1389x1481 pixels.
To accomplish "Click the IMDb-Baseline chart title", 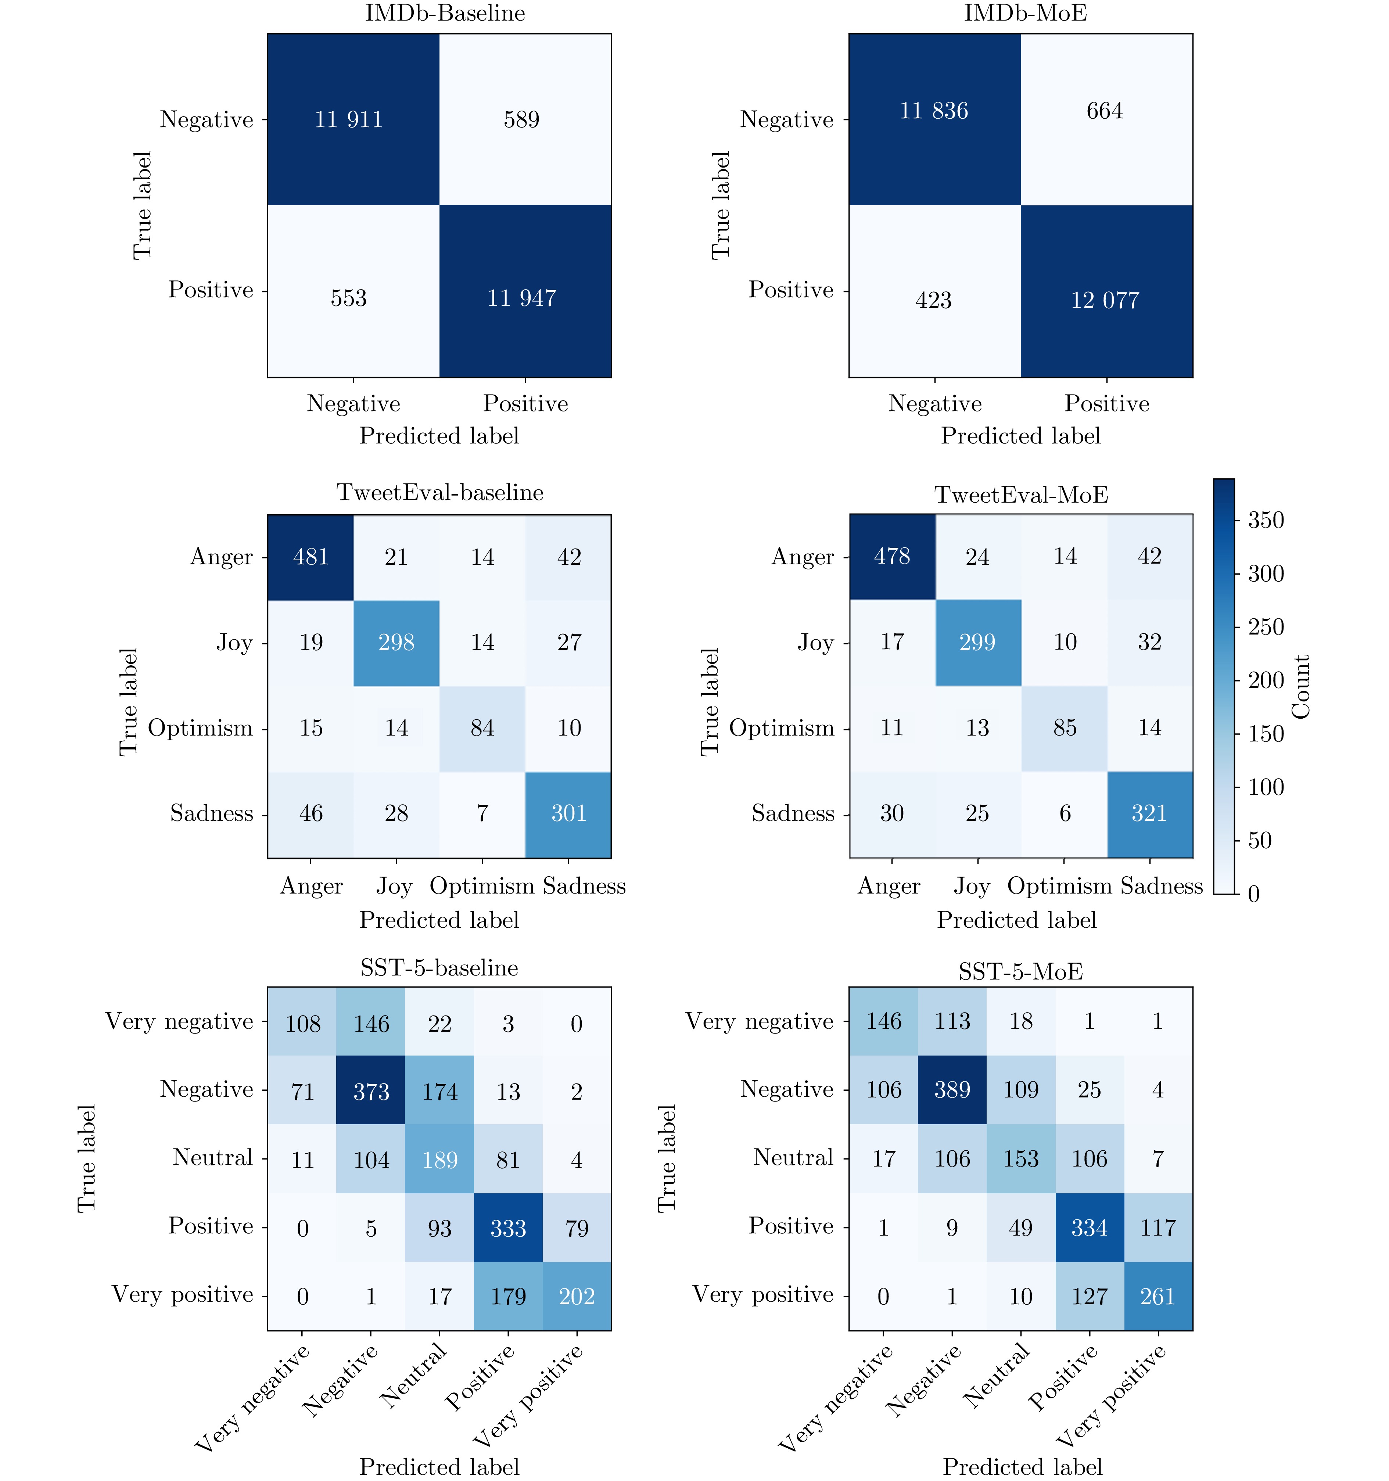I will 445,13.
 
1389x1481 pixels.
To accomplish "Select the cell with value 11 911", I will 349,119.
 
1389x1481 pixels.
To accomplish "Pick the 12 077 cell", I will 1105,300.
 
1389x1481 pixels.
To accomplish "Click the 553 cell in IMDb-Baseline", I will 349,298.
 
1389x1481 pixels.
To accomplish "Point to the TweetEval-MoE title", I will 1021,495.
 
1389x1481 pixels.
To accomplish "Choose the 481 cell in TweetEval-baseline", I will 311,557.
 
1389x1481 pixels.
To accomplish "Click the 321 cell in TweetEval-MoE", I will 1149,813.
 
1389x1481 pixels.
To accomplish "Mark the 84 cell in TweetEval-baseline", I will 482,728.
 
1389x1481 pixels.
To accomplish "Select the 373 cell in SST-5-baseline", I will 371,1092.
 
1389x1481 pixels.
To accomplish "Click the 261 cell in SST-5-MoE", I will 1157,1296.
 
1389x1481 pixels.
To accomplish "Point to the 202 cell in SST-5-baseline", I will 577,1296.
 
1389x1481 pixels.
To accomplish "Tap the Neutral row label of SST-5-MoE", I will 793,1158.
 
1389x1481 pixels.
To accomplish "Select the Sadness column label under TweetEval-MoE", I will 1161,886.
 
